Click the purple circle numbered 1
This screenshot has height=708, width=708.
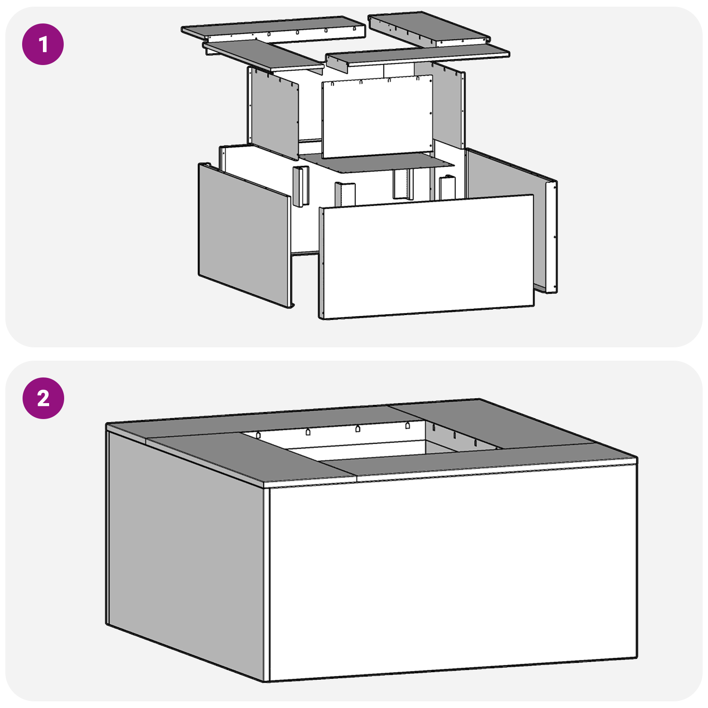[x=43, y=44]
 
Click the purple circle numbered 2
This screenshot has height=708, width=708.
[x=43, y=398]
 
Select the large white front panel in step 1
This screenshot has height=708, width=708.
[x=427, y=257]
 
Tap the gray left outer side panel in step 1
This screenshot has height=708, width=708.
[x=243, y=235]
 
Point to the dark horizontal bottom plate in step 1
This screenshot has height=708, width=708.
[x=376, y=162]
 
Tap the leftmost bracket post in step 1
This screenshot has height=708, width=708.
[x=300, y=186]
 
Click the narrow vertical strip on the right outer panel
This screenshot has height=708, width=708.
[x=551, y=237]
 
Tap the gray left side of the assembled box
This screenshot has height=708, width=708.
[x=186, y=553]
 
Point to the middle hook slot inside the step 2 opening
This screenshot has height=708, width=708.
[x=358, y=429]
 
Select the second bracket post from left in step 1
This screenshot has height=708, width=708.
[x=345, y=193]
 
